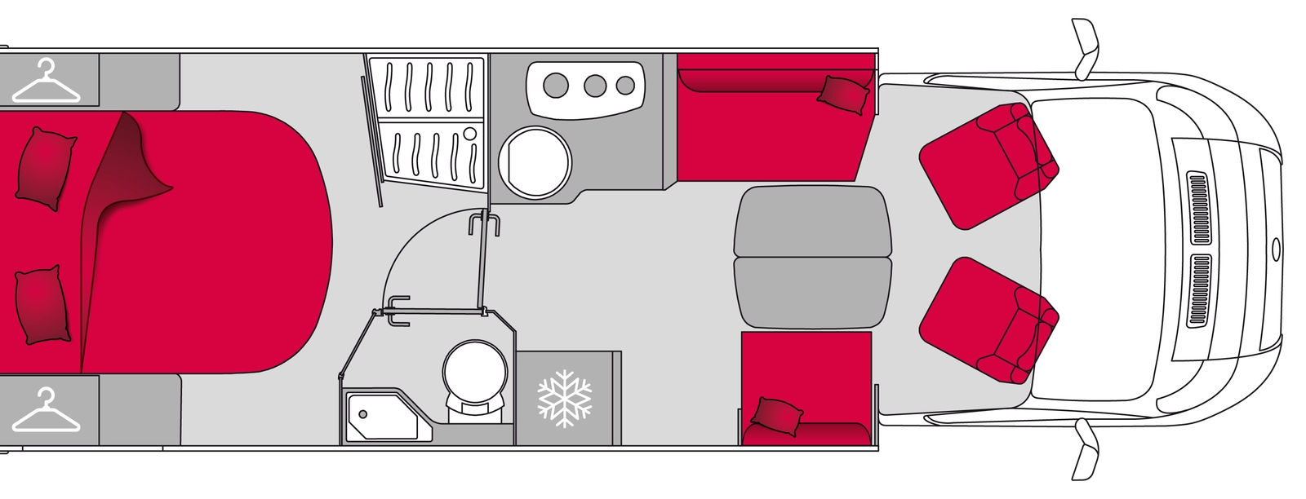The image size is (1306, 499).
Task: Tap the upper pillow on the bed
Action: point(45,166)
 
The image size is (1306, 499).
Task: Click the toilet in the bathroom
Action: point(469,376)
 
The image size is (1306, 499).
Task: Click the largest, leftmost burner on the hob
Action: point(557,83)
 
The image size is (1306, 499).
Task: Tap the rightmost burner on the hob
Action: point(625,84)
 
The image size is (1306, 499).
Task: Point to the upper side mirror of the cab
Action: point(1087,49)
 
